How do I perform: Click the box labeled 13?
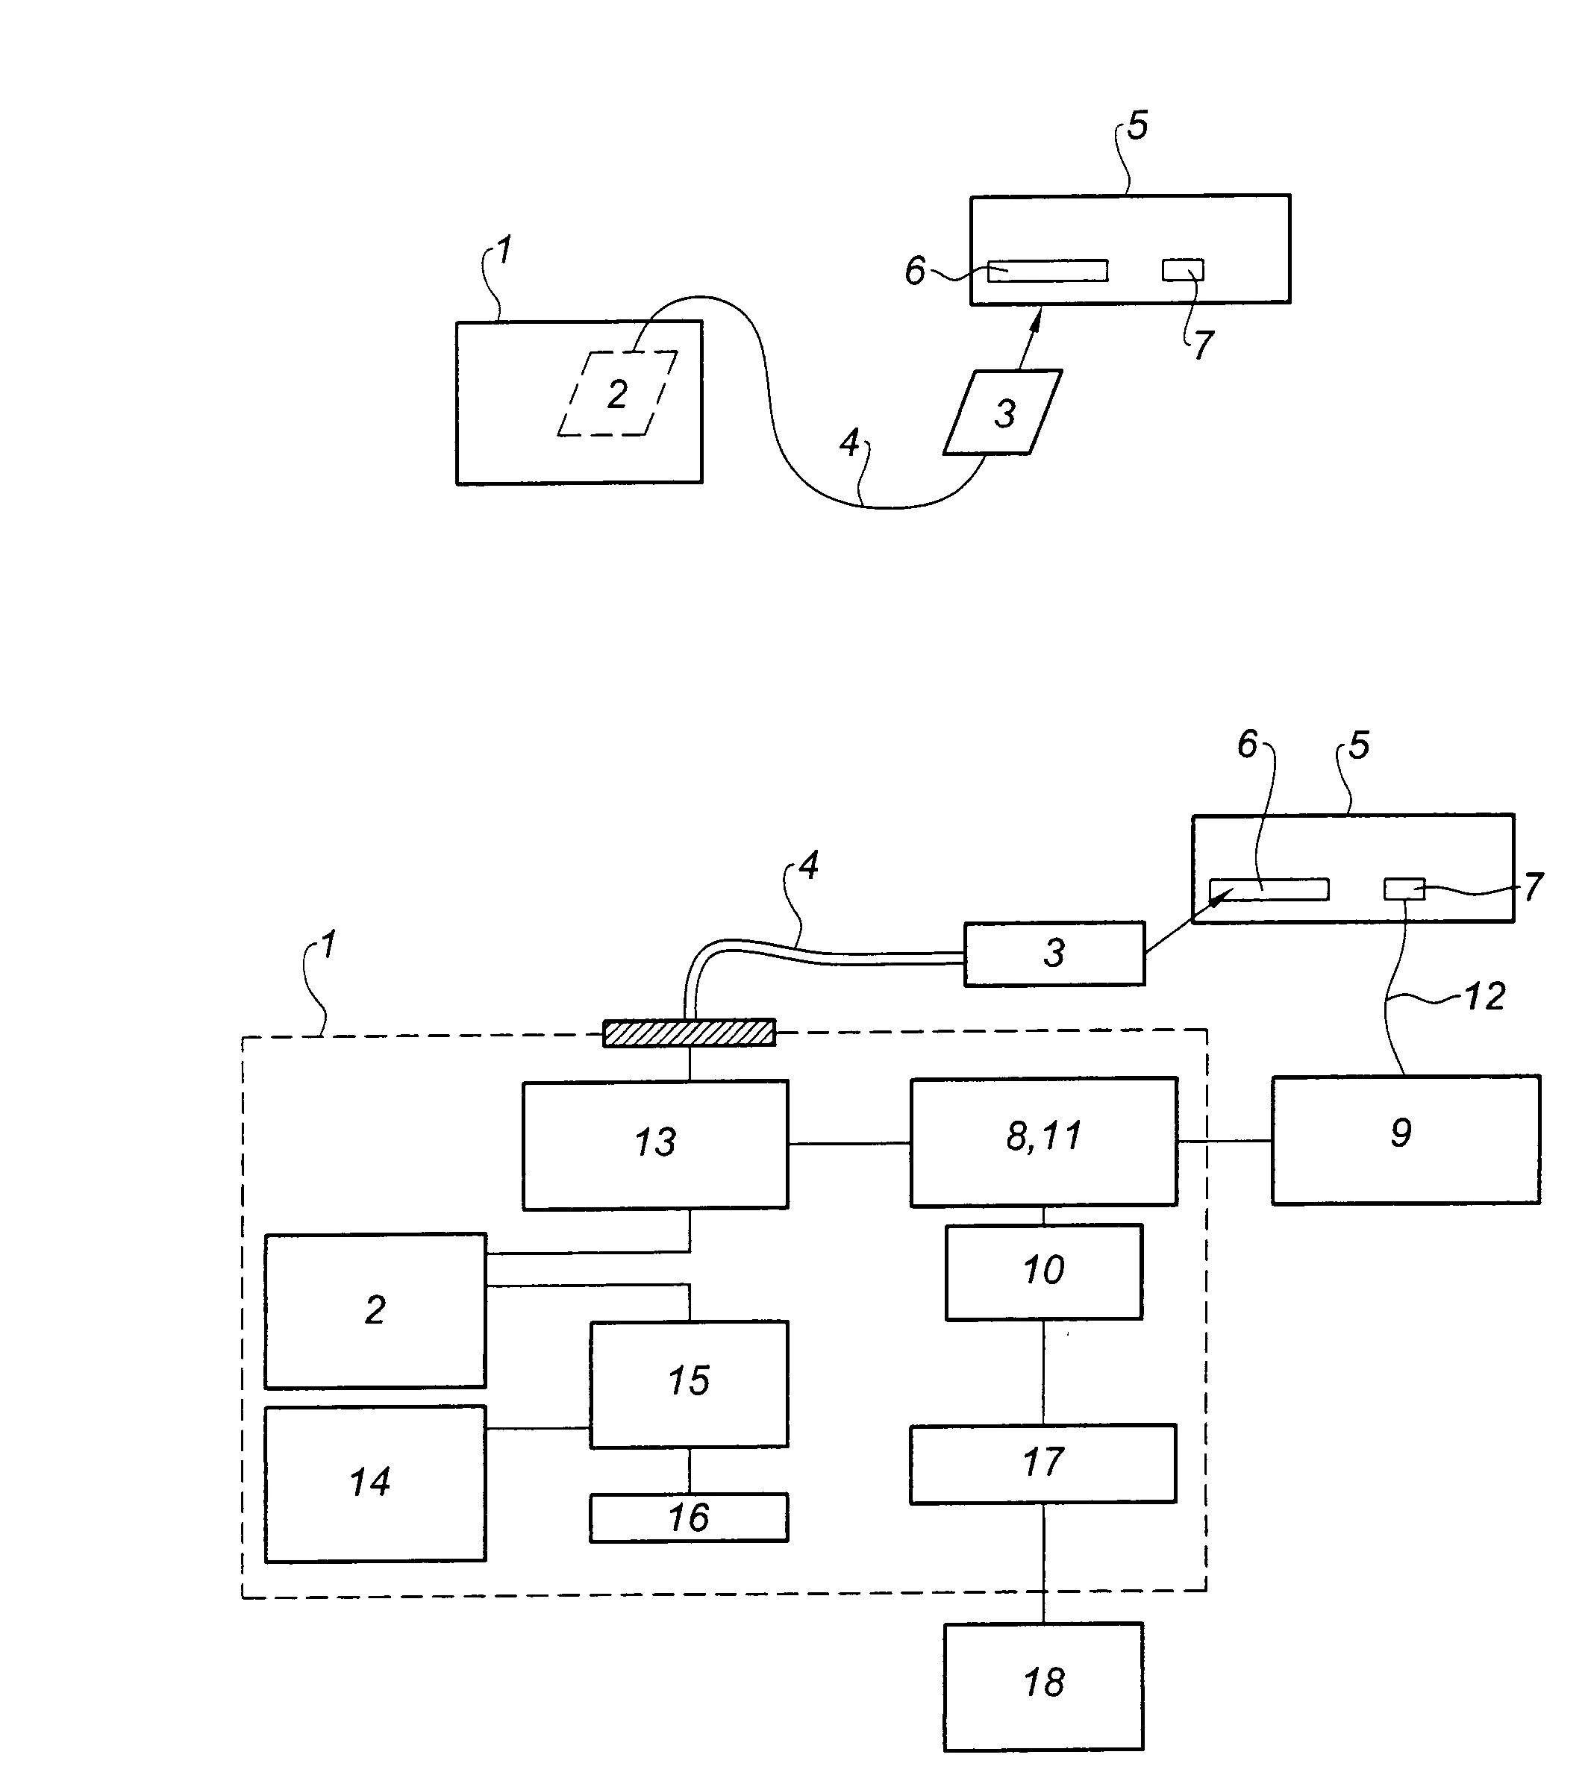pyautogui.click(x=654, y=1145)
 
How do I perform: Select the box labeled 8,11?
pyautogui.click(x=1043, y=1142)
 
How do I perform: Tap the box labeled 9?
pyautogui.click(x=1404, y=1140)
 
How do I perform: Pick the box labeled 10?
pyautogui.click(x=1043, y=1271)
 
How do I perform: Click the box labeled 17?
pyautogui.click(x=1042, y=1464)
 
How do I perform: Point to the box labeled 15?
pyautogui.click(x=689, y=1384)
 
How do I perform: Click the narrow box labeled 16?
pyautogui.click(x=689, y=1518)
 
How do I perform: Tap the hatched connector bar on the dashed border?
pyautogui.click(x=689, y=1033)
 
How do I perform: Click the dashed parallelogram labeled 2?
pyautogui.click(x=617, y=394)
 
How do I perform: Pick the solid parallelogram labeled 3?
pyautogui.click(x=1003, y=413)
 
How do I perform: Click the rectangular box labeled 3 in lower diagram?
pyautogui.click(x=1054, y=953)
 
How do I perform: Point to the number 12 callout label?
pyautogui.click(x=1485, y=996)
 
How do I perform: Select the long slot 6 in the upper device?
pyautogui.click(x=1048, y=271)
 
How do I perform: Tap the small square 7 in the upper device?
pyautogui.click(x=1182, y=269)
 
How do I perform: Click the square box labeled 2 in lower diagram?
pyautogui.click(x=375, y=1310)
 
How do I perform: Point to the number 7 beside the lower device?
pyautogui.click(x=1533, y=886)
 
